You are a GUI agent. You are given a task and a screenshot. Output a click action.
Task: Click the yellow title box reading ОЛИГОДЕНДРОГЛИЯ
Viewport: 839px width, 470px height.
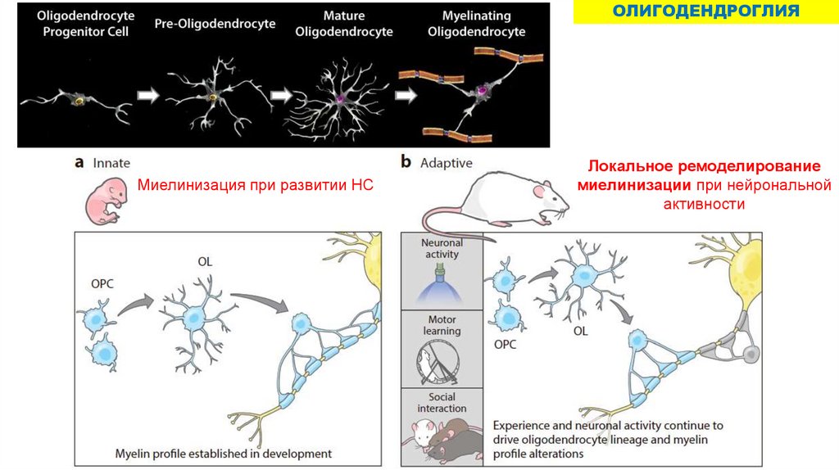pos(705,11)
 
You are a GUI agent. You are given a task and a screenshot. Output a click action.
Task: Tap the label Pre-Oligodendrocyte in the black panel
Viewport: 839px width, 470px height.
pos(215,25)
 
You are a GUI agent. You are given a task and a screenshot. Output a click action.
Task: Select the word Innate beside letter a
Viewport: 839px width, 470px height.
pos(111,163)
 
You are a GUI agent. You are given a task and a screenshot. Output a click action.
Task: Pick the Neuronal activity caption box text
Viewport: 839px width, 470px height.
pos(442,248)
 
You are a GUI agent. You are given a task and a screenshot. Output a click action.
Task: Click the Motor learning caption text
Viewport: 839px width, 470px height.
pos(442,325)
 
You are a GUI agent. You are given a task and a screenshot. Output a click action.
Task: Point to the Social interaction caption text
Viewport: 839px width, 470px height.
pos(442,402)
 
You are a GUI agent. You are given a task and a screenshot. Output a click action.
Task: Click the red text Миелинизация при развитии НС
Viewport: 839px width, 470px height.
pos(255,186)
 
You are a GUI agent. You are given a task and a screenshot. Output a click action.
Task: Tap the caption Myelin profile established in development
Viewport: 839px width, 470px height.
pos(224,453)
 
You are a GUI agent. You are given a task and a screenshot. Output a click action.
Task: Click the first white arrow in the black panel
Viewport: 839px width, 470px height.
pos(148,95)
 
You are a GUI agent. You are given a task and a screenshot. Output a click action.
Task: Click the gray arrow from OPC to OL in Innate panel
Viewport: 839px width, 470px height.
pos(137,305)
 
